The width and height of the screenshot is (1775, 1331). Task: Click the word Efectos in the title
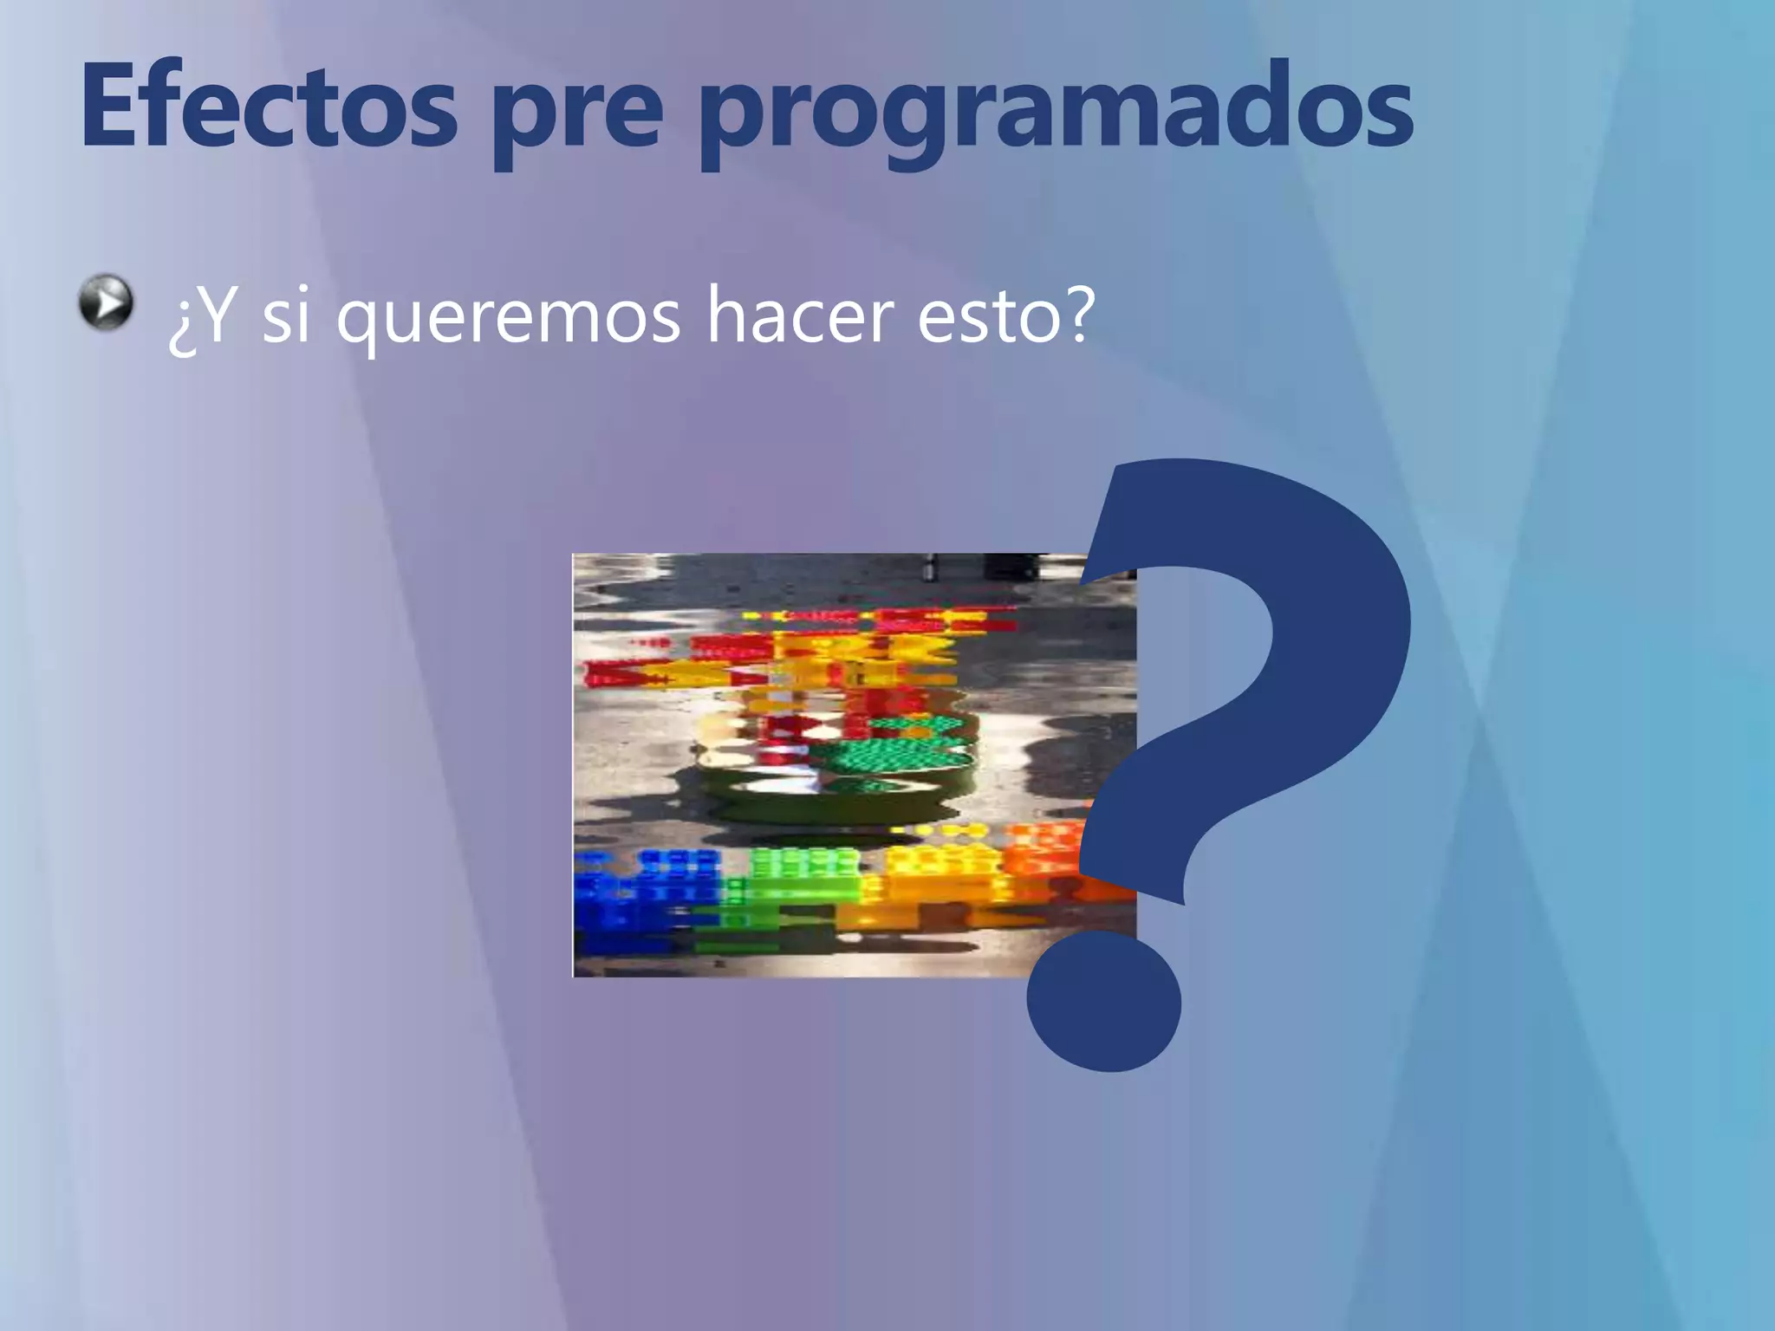click(268, 107)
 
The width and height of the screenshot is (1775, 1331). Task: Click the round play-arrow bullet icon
click(106, 302)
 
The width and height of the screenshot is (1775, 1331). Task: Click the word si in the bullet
click(285, 315)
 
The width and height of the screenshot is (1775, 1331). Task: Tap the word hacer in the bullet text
click(798, 315)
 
